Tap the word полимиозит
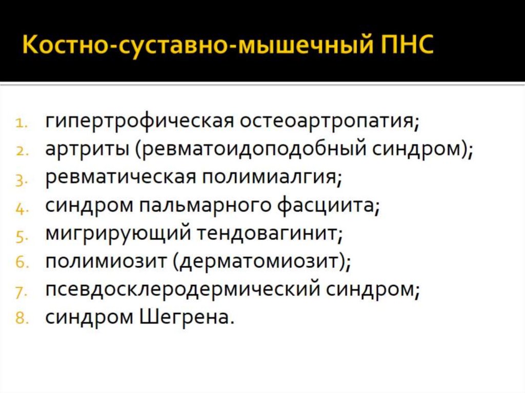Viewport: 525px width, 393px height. (105, 262)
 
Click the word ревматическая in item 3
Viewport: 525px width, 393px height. (121, 177)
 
